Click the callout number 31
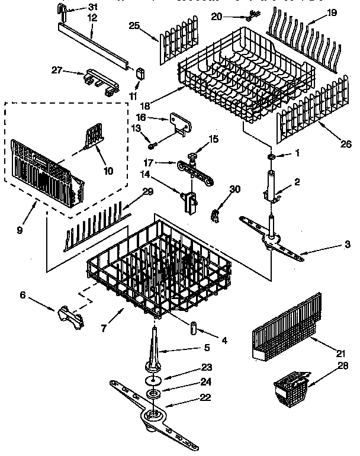click(92, 7)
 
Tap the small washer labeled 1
click(270, 156)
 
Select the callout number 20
click(217, 16)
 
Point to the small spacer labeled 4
click(193, 327)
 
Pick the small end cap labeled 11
click(140, 73)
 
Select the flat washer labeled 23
click(153, 379)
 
